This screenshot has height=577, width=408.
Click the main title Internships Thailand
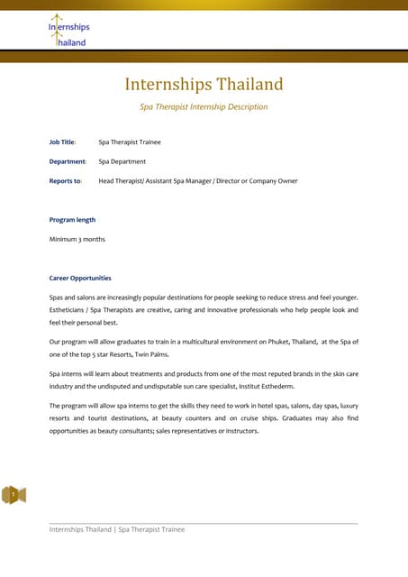pos(204,85)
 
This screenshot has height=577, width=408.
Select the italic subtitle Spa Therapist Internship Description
pos(204,106)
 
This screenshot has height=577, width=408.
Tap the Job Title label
pos(62,142)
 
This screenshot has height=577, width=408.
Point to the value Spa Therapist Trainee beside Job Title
pos(130,142)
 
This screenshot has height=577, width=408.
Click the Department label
pos(68,161)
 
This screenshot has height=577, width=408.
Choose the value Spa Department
pos(122,161)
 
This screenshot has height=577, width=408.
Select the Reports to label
pos(65,180)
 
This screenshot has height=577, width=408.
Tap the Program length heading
pos(72,219)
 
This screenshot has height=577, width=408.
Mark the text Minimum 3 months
pos(77,239)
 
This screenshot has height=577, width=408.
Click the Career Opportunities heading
pos(80,278)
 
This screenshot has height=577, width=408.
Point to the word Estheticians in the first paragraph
pos(69,309)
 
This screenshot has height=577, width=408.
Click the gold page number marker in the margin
pos(14,494)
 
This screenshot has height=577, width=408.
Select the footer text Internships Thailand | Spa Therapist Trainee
pos(116,529)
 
